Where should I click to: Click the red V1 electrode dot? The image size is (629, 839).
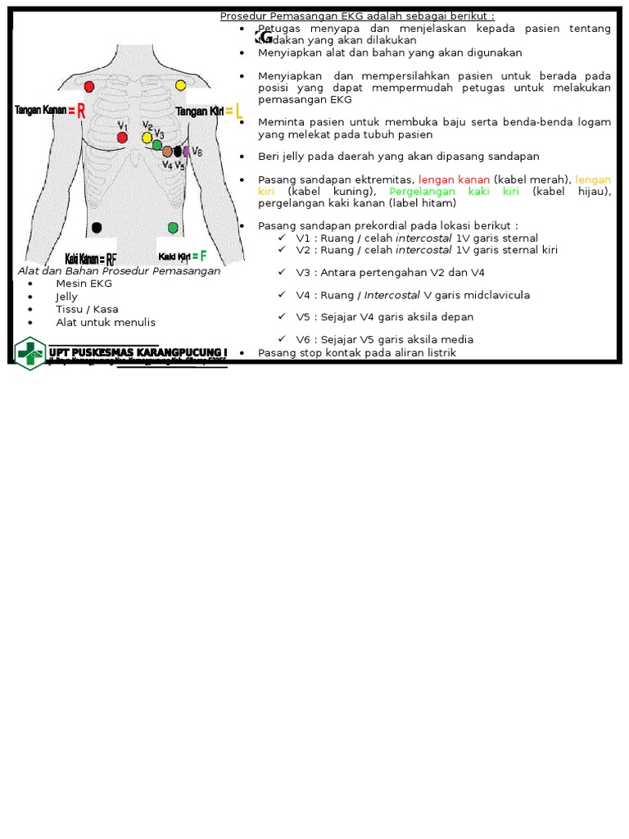pos(122,138)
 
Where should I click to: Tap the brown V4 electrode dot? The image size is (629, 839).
pos(167,152)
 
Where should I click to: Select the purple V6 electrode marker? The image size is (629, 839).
pos(187,151)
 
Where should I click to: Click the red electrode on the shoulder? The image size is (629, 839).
pos(89,86)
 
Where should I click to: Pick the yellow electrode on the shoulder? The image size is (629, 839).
pos(181,85)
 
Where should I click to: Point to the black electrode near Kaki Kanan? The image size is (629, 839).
pos(97,227)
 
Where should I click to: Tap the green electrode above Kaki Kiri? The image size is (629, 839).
pos(173,227)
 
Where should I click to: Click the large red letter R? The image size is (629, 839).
pos(81,112)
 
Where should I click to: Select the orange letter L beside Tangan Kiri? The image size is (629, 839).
pos(238,112)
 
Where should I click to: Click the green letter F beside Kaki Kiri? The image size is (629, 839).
pos(203,256)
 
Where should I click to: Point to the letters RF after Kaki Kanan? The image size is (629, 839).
pos(111,259)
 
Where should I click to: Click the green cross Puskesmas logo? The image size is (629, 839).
pos(30,353)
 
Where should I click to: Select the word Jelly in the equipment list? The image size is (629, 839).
pos(67,297)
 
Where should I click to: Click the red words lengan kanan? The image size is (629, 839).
pos(454,179)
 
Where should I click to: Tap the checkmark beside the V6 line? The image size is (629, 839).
pos(281,339)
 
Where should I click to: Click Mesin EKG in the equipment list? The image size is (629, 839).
pos(84,283)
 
